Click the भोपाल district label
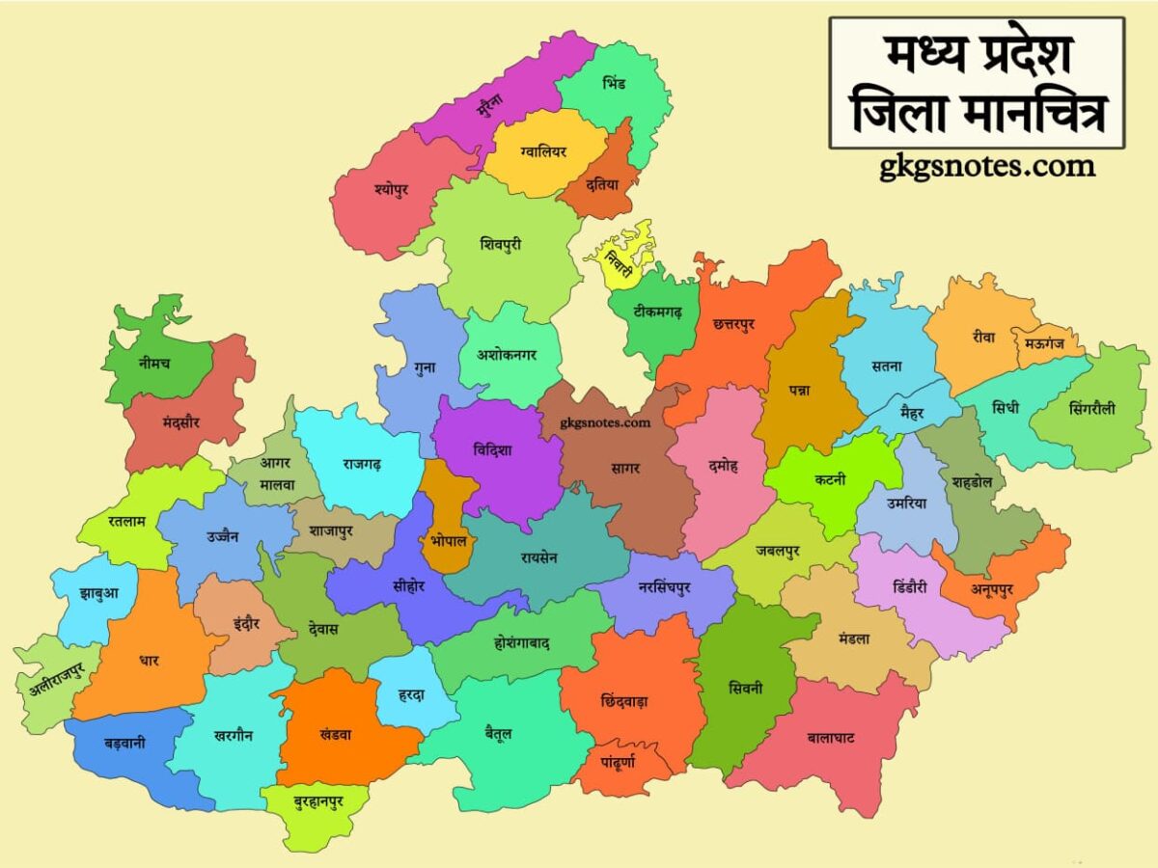pos(449,541)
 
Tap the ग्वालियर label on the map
pos(543,151)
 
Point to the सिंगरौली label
pos(1091,408)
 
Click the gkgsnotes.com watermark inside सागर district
pos(607,422)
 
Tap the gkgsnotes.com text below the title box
pos(987,167)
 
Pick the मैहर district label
pos(911,413)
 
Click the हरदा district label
pos(410,695)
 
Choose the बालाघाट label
pos(831,738)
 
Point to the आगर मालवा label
pos(275,474)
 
